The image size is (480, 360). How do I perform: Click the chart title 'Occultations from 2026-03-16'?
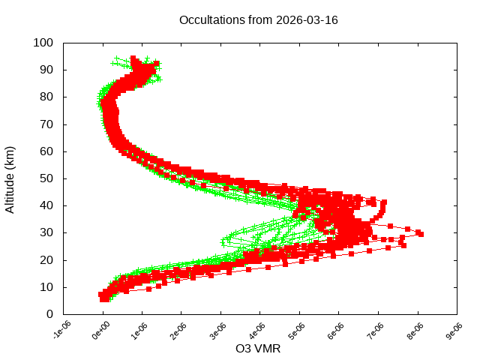coord(258,19)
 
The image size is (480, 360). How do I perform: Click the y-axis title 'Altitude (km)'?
coord(10,178)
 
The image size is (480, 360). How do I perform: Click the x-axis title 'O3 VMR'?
coord(259,349)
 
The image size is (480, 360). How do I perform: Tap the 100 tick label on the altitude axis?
coord(43,43)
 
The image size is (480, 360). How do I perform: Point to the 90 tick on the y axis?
coord(46,70)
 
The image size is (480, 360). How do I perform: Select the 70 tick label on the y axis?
coord(46,124)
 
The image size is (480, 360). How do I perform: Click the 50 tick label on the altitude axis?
coord(46,178)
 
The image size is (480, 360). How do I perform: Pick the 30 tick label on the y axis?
coord(46,232)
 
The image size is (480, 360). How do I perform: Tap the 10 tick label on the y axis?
coord(46,286)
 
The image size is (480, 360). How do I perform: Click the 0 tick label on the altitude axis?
coord(49,313)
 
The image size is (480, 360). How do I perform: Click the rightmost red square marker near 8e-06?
coord(421,234)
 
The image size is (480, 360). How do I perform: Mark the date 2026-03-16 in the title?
coord(307,19)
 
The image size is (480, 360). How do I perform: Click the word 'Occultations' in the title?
coord(212,19)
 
